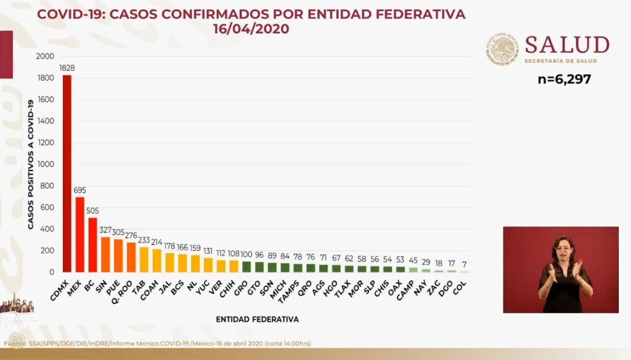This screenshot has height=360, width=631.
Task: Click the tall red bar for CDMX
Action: click(67, 173)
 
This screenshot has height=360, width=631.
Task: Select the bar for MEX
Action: click(79, 234)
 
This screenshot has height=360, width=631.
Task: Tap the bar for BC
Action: click(92, 245)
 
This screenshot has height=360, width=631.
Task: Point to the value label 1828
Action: click(67, 68)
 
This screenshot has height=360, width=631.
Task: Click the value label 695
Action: click(79, 190)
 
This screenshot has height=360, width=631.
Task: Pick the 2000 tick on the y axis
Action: click(45, 57)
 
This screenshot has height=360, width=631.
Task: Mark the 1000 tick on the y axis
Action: click(45, 165)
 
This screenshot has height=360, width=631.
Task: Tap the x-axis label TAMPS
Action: click(295, 288)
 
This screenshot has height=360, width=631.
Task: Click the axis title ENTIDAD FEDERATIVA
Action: click(258, 319)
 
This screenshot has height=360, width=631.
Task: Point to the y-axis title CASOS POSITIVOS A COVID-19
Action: click(30, 164)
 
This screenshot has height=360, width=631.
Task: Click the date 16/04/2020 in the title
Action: click(251, 29)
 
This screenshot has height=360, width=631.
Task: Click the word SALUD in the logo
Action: click(567, 45)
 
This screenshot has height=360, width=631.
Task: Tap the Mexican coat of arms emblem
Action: click(502, 49)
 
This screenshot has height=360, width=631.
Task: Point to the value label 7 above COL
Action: click(463, 264)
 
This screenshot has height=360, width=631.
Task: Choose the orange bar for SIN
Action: click(105, 255)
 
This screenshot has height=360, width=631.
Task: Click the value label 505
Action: click(92, 211)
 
